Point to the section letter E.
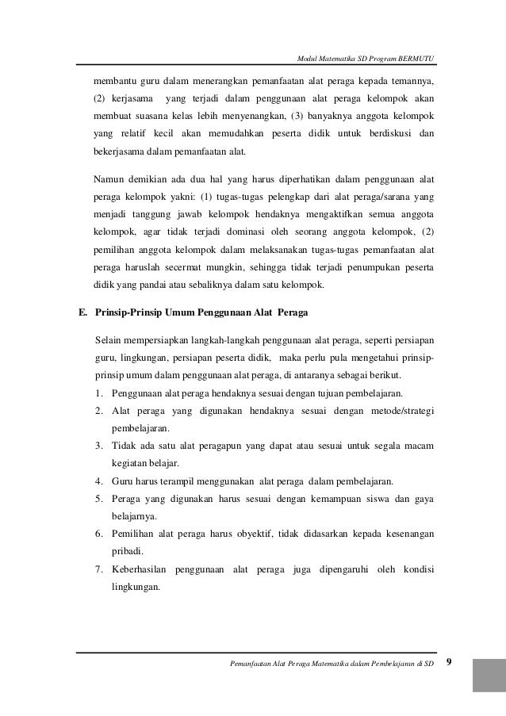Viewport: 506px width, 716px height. (x=81, y=313)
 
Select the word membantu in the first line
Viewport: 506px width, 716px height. (x=114, y=81)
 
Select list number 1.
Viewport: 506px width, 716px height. (x=98, y=393)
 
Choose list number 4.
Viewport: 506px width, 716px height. (x=98, y=481)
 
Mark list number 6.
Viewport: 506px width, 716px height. (x=98, y=533)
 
